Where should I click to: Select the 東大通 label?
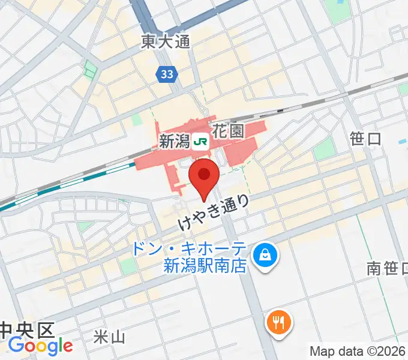165,41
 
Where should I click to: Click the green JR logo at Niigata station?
201,142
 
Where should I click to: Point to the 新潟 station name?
175,142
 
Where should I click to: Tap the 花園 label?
229,131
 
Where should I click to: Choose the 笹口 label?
365,139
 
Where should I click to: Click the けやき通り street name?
214,213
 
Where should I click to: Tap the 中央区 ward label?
27,329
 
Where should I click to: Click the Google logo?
40,346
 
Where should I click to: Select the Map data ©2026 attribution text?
358,351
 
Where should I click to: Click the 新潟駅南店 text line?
205,266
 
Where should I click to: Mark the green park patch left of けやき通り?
128,266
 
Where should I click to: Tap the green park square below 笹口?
324,150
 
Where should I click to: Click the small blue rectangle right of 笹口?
401,142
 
